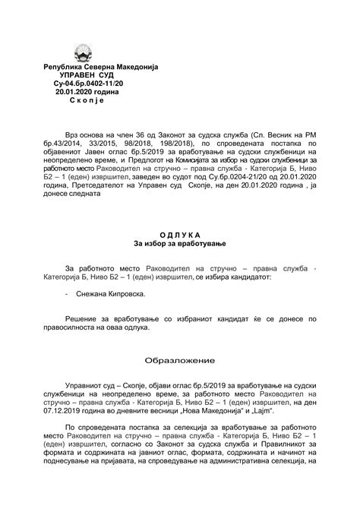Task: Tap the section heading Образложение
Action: pyautogui.click(x=180, y=359)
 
